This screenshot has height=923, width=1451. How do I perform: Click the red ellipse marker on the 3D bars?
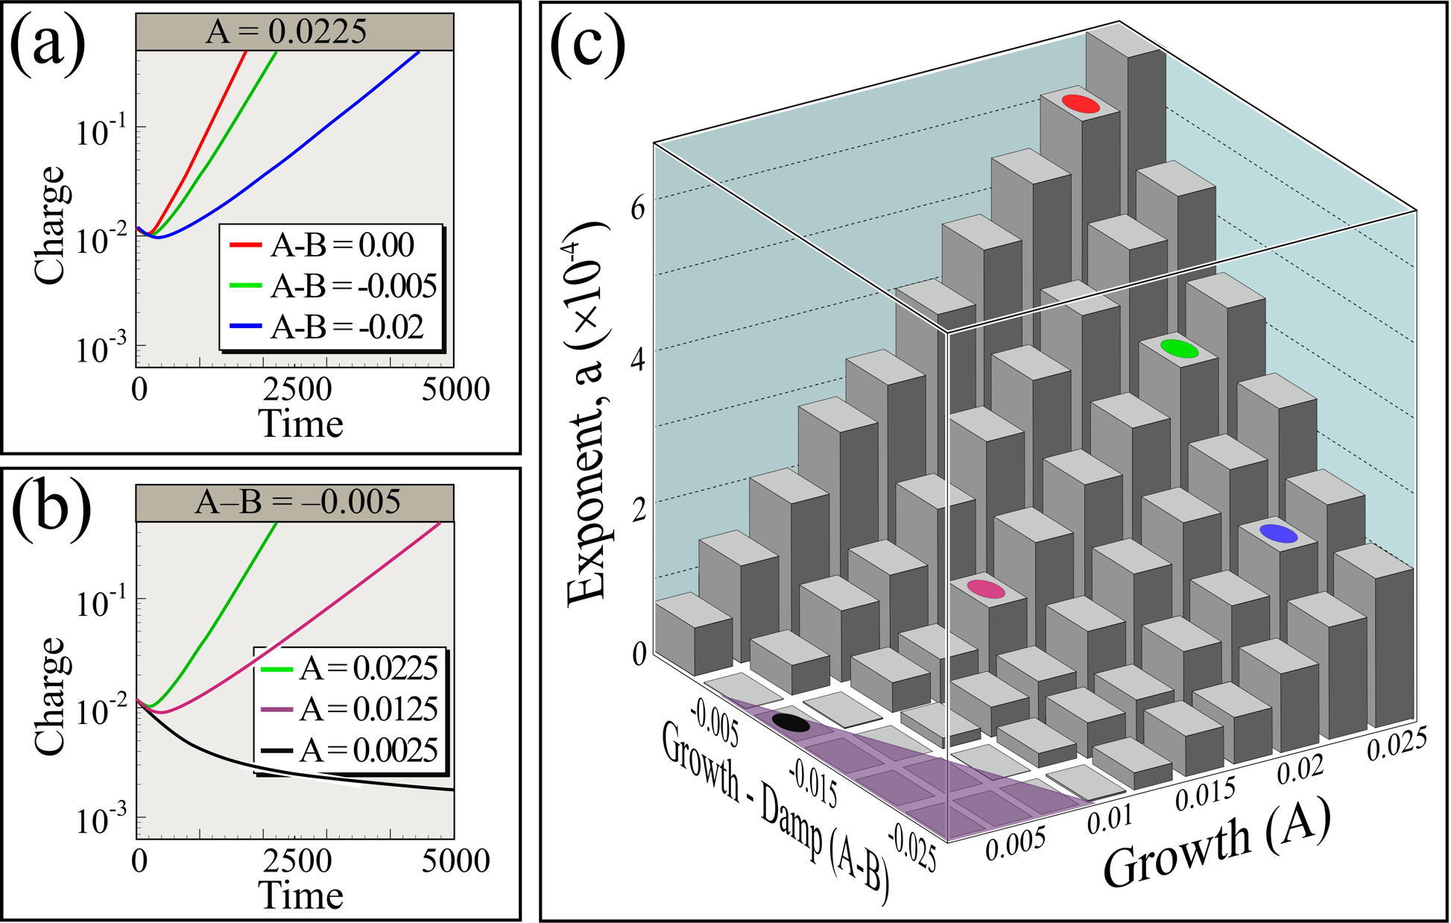point(1081,104)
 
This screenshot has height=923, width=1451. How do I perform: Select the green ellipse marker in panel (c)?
point(1179,348)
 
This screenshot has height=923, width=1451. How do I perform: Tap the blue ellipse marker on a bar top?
point(1278,533)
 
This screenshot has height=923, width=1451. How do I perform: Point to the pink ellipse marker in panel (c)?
point(986,589)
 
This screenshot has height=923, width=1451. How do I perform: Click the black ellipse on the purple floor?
point(791,722)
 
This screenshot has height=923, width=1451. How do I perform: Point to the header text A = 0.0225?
point(295,34)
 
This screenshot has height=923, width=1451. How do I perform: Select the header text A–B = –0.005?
point(297,503)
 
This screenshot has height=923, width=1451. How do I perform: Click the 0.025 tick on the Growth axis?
point(1397,746)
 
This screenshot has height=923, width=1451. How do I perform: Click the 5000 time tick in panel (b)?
point(458,862)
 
